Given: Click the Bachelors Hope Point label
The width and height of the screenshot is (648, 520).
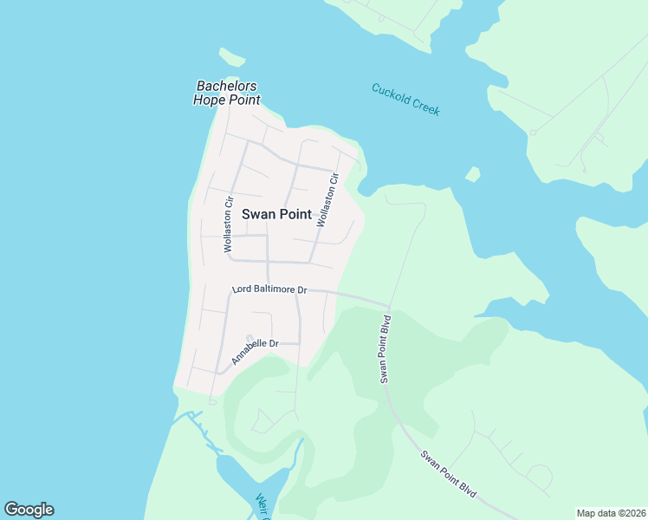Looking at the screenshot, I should pyautogui.click(x=228, y=93).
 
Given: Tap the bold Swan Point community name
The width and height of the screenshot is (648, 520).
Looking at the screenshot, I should pyautogui.click(x=276, y=214).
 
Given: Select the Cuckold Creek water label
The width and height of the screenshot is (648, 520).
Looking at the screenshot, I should pyautogui.click(x=405, y=99).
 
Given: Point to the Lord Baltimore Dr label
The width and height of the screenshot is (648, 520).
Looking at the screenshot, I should pyautogui.click(x=269, y=289).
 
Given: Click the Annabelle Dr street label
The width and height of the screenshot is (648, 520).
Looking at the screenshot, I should pyautogui.click(x=255, y=351).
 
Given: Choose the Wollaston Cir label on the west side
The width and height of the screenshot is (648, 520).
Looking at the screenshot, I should pyautogui.click(x=230, y=225).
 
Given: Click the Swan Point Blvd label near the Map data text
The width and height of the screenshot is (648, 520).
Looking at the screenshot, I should pyautogui.click(x=449, y=473).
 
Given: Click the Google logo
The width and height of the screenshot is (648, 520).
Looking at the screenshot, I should pyautogui.click(x=29, y=510).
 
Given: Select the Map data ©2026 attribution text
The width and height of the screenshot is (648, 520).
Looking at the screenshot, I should pyautogui.click(x=611, y=513).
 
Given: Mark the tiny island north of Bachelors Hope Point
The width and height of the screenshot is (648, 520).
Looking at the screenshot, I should pyautogui.click(x=232, y=58).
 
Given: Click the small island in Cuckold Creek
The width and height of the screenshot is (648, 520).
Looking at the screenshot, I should pyautogui.click(x=472, y=174).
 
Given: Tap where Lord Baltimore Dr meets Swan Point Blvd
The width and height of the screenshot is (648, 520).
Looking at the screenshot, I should pyautogui.click(x=389, y=307).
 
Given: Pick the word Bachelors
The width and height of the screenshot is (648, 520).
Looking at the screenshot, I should pyautogui.click(x=228, y=86).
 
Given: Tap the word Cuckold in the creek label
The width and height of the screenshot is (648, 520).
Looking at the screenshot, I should pyautogui.click(x=390, y=93).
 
